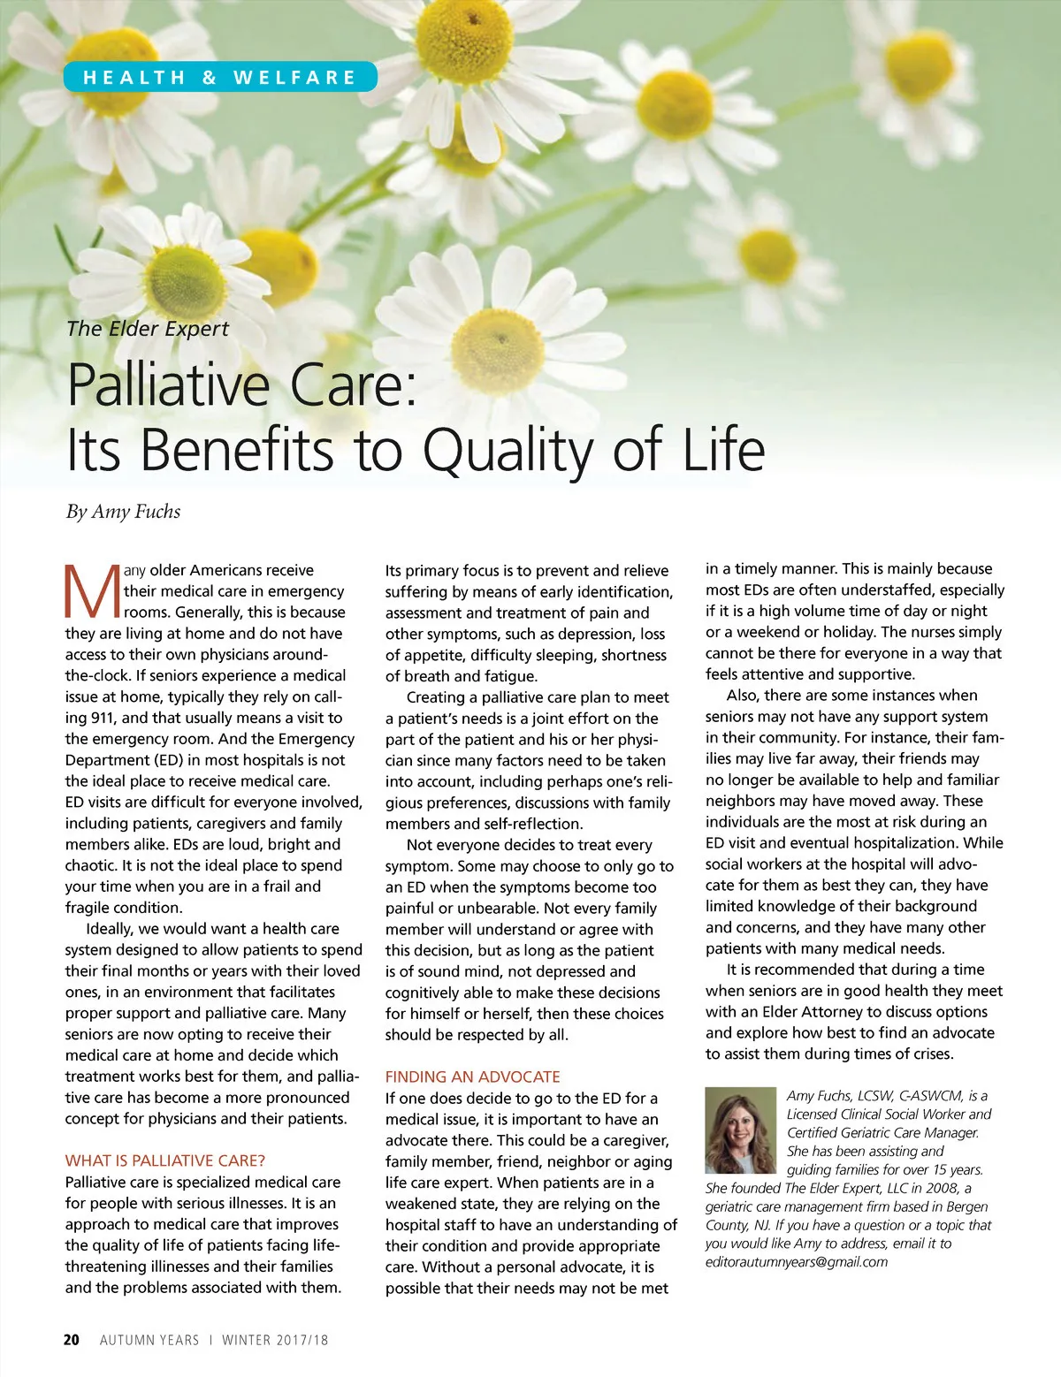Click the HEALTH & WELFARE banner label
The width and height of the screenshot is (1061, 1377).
coord(219,77)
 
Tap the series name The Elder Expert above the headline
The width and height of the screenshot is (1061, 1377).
coord(148,329)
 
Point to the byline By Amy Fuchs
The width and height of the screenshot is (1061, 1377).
coord(123,512)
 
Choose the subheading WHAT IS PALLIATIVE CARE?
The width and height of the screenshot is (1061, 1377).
coord(164,1160)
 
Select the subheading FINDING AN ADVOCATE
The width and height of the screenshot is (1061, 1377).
coord(472,1076)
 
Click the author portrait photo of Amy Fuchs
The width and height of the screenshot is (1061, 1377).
coord(740,1130)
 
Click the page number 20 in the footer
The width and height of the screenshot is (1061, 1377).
coord(72,1340)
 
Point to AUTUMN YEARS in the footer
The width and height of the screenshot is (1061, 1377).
coord(149,1340)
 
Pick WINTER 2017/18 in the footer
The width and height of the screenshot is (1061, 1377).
coord(275,1340)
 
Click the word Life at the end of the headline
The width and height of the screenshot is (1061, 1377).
coord(722,451)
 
